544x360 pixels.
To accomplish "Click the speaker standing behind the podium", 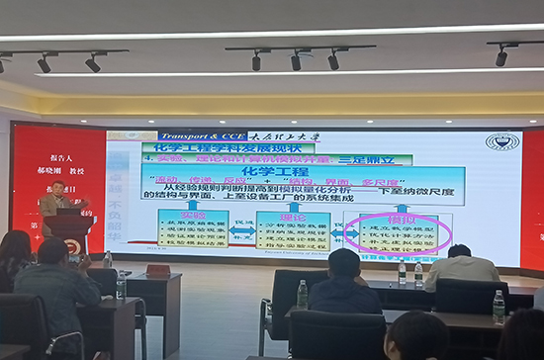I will (58, 198).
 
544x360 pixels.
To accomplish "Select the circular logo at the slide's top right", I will (501, 141).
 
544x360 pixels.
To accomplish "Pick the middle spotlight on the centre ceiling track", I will (296, 61).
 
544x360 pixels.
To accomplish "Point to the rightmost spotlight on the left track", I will (92, 63).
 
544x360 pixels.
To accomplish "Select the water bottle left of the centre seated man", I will (302, 294).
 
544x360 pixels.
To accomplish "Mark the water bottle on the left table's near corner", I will (121, 285).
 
